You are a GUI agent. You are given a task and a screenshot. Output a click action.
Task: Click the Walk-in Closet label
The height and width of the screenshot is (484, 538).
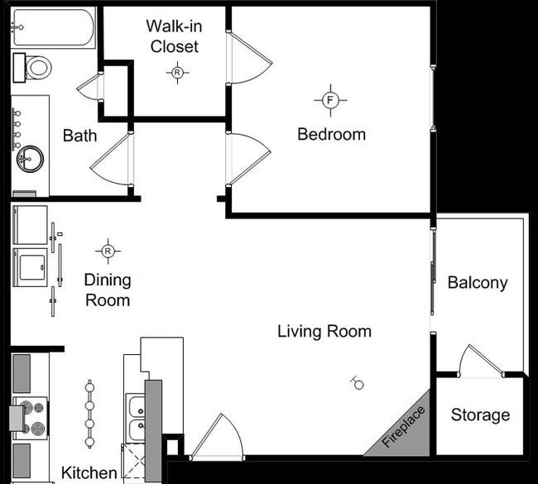point(174,36)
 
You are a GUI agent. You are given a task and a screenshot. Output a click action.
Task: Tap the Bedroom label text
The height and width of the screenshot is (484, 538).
point(331,134)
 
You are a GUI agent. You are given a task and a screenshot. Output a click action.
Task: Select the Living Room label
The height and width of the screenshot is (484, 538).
point(324,332)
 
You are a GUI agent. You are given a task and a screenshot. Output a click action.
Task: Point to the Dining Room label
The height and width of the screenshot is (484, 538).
point(108,290)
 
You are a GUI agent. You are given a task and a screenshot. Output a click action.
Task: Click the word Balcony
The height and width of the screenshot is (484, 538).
point(477,282)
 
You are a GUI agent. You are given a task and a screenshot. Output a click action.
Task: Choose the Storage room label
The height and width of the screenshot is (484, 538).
point(480,415)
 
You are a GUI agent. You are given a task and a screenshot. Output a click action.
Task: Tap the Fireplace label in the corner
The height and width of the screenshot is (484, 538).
point(403,428)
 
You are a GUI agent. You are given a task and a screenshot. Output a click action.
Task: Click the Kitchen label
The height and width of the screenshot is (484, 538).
point(89,472)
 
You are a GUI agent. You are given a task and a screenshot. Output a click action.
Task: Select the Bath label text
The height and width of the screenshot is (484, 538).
point(79,136)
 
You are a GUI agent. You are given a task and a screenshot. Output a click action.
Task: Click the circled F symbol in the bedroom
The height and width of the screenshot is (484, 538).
point(330,100)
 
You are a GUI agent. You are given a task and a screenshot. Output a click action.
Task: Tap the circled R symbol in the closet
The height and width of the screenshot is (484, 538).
point(177,73)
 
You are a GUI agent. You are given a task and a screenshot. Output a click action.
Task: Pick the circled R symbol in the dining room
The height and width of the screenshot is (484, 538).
point(108,249)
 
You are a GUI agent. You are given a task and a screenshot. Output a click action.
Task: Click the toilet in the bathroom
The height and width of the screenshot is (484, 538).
point(36,67)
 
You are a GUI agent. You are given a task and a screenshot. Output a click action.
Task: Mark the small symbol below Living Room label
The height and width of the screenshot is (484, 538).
point(358,381)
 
